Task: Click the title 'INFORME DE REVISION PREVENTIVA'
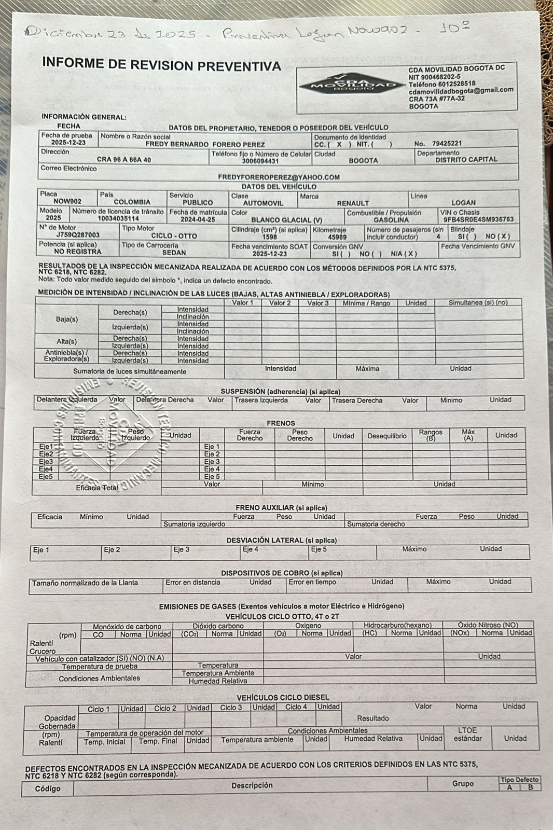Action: click(x=161, y=65)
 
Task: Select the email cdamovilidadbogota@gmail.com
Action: click(x=461, y=90)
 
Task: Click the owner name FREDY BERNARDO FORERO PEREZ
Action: click(x=205, y=145)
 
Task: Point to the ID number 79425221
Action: click(x=447, y=144)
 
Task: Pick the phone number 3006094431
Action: click(x=260, y=161)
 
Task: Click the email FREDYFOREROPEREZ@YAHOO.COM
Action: click(x=279, y=177)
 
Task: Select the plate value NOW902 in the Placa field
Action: click(x=67, y=201)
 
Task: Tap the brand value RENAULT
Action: click(x=353, y=203)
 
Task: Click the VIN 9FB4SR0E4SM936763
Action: click(x=478, y=219)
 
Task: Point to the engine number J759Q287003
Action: click(x=78, y=235)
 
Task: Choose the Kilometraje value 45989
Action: click(x=337, y=237)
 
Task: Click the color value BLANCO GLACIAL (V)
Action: click(x=286, y=220)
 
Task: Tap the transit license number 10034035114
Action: click(x=118, y=219)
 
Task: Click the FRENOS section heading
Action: click(x=281, y=423)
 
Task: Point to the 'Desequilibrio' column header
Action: click(x=387, y=436)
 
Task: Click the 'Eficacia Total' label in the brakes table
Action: click(x=97, y=488)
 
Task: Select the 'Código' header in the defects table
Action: click(x=47, y=789)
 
